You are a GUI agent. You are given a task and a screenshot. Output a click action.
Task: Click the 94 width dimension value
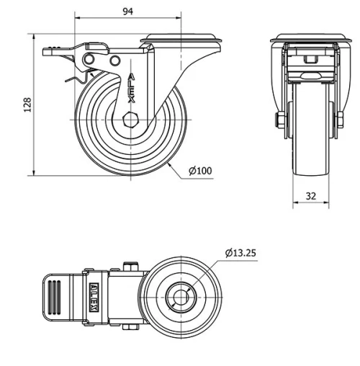128,12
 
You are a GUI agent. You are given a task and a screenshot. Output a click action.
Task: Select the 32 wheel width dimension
311,195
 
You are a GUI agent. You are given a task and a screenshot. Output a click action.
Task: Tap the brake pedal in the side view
62,51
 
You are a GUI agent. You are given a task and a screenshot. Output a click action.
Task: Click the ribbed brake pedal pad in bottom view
55,295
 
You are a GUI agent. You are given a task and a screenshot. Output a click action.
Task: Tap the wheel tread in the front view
310,130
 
